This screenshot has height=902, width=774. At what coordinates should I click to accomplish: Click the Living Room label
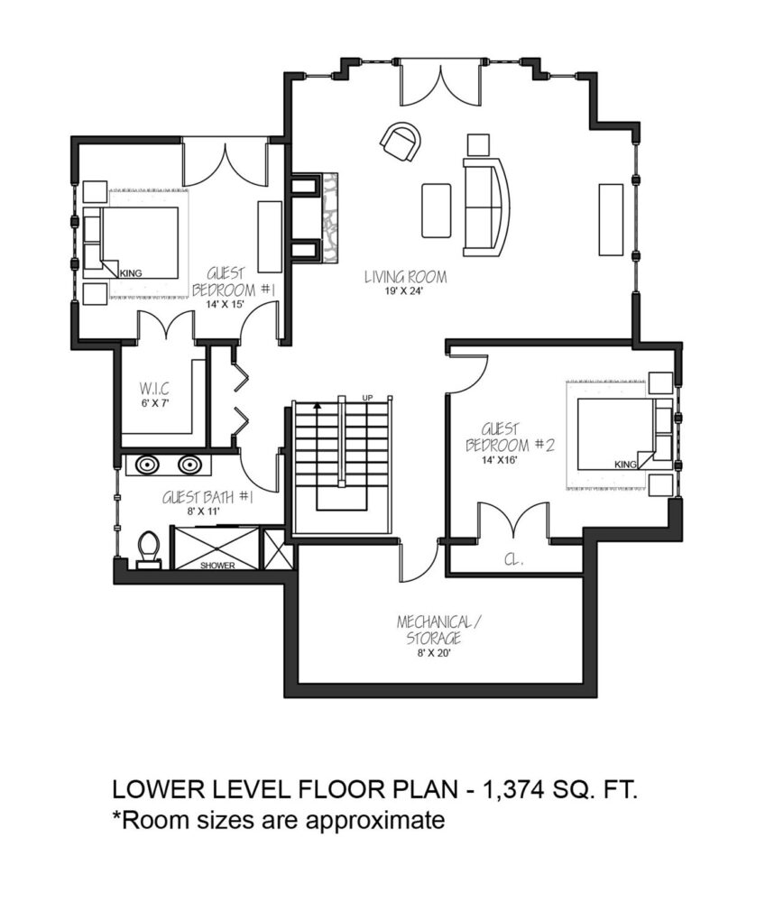(405, 277)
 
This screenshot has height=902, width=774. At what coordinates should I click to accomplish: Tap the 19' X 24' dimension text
(404, 291)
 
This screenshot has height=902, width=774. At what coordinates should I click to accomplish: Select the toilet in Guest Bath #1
(149, 549)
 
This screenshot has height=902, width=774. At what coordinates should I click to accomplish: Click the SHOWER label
(217, 566)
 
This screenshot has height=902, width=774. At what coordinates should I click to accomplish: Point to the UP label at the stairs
(367, 398)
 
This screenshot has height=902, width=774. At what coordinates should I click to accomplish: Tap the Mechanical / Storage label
(438, 630)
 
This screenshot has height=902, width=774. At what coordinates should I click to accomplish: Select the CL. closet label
(513, 559)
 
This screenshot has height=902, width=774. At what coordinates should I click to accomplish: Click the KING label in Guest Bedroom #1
(131, 273)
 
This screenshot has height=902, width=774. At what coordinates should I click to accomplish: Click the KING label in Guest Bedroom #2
(625, 465)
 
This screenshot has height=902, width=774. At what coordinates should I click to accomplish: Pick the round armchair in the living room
(401, 142)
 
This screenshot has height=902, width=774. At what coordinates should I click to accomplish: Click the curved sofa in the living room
(486, 207)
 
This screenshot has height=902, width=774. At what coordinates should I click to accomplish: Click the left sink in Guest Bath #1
(148, 465)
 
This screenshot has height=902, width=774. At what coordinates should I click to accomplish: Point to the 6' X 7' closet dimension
(155, 403)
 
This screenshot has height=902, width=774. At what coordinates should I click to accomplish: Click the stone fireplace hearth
(330, 217)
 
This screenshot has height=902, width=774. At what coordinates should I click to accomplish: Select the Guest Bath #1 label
(207, 497)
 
